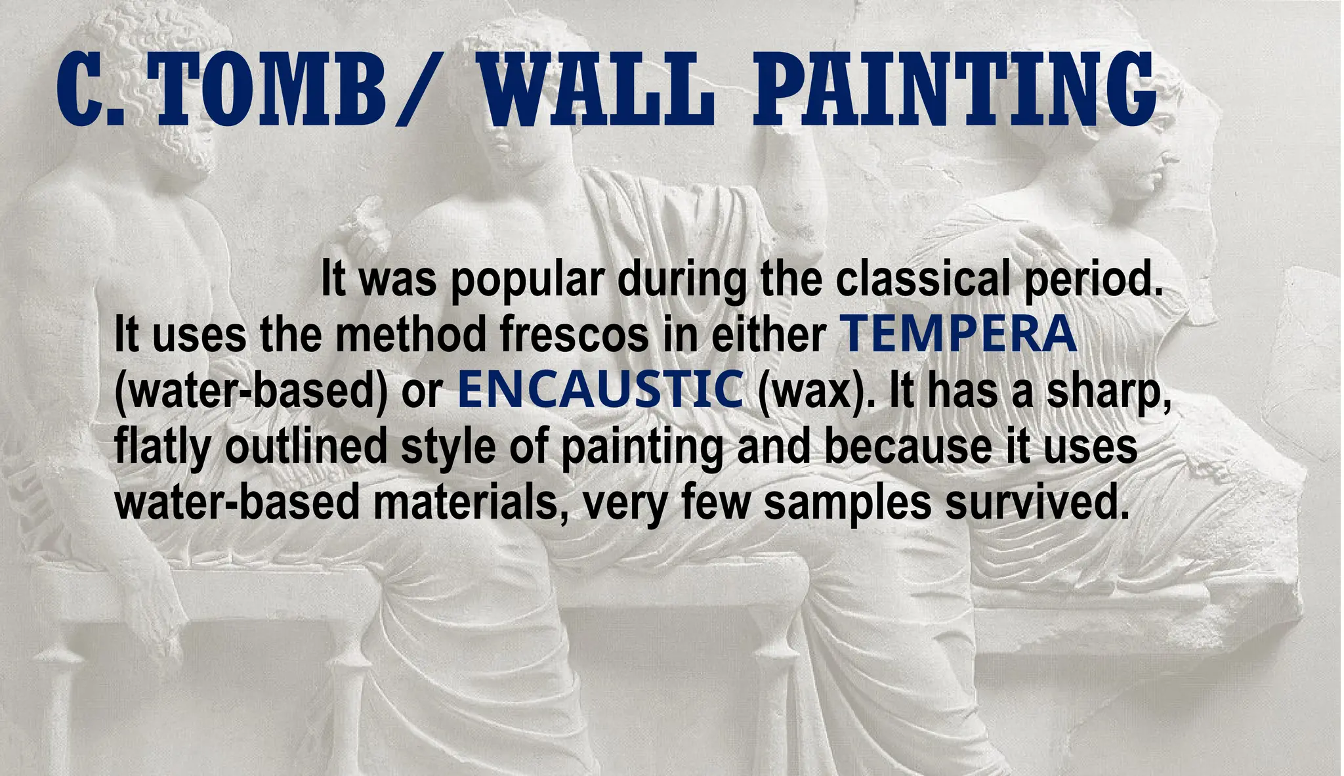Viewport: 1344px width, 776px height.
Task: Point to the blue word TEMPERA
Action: point(958,334)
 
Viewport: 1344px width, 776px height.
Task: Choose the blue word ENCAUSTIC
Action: point(600,389)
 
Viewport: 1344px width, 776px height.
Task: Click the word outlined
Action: point(306,445)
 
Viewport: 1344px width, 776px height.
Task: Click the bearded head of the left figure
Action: point(177,138)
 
